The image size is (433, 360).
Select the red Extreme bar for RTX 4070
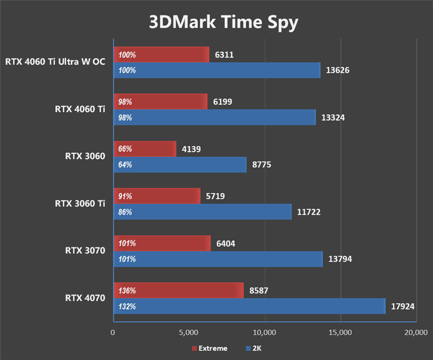pyautogui.click(x=179, y=291)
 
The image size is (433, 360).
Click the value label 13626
pyautogui.click(x=338, y=70)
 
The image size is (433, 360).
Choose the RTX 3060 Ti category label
pyautogui.click(x=80, y=204)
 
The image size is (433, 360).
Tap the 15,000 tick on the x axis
pyautogui.click(x=340, y=331)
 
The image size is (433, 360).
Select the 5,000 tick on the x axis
pyautogui.click(x=189, y=331)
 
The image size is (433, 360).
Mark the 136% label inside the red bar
pyautogui.click(x=126, y=291)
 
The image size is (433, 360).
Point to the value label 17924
pyautogui.click(x=403, y=306)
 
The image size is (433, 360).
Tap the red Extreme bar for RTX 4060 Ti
pyautogui.click(x=160, y=102)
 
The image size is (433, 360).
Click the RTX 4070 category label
pyautogui.click(x=85, y=298)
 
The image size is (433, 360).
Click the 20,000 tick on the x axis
pyautogui.click(x=416, y=331)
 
